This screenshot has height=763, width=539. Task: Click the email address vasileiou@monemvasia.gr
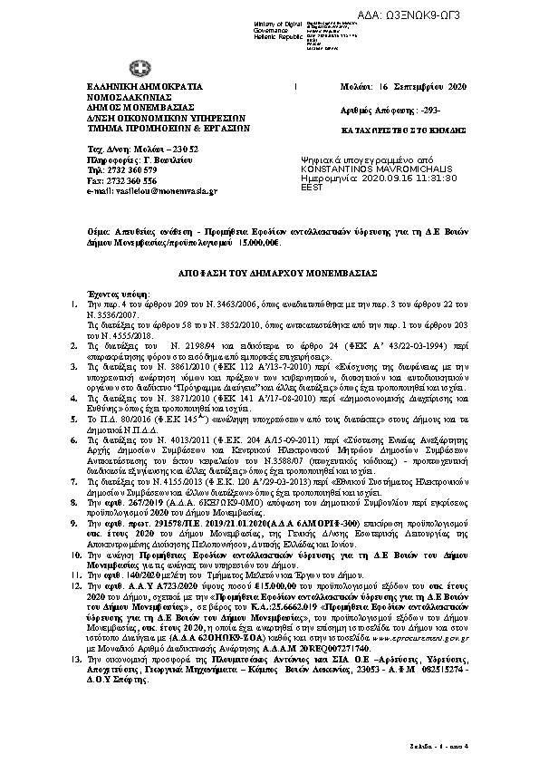[x=151, y=192]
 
